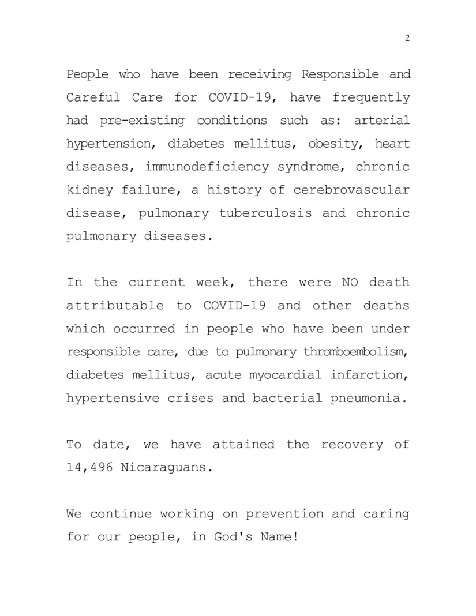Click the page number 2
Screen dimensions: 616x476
[407, 39]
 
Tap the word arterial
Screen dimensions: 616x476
[381, 121]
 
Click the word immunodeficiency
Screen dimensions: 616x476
[207, 167]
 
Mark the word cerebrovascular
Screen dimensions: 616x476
[351, 190]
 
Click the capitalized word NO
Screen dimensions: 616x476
[350, 282]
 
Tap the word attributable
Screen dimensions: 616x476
[115, 305]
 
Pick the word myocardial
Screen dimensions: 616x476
[285, 375]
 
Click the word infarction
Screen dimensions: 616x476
[369, 375]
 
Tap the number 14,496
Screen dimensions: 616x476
[89, 467]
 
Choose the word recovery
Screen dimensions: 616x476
[351, 444]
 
